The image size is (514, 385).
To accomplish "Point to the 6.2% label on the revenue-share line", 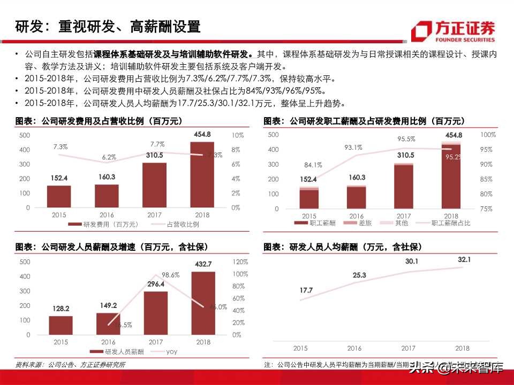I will tap(109, 157).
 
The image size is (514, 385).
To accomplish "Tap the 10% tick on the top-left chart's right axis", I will tap(237, 135).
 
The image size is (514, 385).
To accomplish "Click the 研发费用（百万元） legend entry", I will tap(104, 224).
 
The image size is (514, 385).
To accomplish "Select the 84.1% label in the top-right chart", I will tap(313, 165).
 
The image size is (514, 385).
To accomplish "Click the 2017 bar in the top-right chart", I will tap(404, 186).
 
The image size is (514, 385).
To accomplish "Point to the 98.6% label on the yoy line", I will tap(170, 274).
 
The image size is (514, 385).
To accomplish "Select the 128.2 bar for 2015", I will tap(61, 325).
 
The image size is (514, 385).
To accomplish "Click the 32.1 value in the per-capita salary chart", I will tap(464, 259).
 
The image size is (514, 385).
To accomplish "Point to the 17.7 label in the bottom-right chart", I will tap(306, 290).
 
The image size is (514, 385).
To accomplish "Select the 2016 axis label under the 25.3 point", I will tap(354, 348).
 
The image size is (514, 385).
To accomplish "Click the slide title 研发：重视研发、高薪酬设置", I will tap(108, 26).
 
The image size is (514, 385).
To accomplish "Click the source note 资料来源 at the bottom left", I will tap(70, 365).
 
